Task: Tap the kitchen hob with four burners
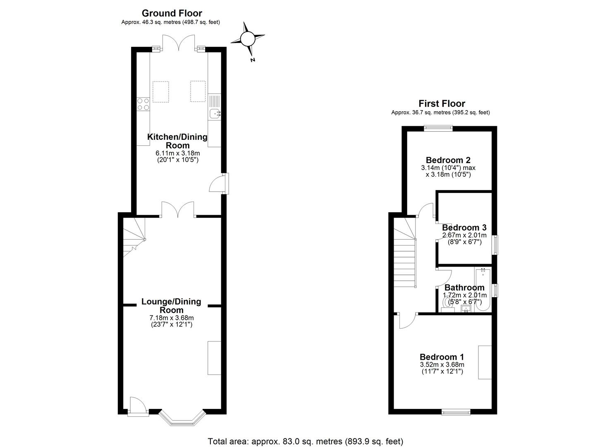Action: coord(143,104)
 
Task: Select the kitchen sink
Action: coord(215,113)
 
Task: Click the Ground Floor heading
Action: coord(172,14)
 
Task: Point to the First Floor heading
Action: coord(442,103)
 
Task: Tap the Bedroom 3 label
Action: coord(464,228)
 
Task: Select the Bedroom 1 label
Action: coord(442,357)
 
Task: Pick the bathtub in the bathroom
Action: coord(483,290)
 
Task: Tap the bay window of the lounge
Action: coord(182,419)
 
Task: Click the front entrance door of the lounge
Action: coord(137,406)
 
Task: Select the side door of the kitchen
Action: coord(219,184)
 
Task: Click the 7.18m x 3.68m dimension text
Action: coord(171,318)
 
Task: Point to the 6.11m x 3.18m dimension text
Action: coord(177,153)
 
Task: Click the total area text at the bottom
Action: coord(305,441)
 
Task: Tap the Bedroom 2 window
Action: coord(438,128)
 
